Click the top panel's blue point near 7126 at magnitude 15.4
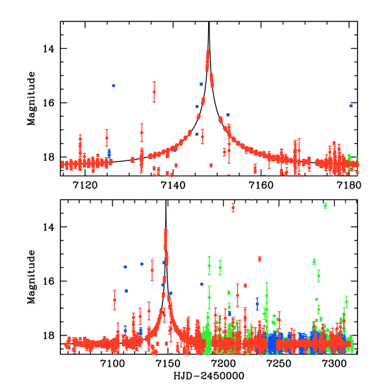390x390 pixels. tap(113, 86)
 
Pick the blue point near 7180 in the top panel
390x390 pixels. tap(351, 105)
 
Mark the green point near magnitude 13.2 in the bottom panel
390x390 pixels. tap(325, 205)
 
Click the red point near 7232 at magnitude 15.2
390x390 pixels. tap(259, 259)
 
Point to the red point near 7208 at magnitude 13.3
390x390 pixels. tap(233, 207)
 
